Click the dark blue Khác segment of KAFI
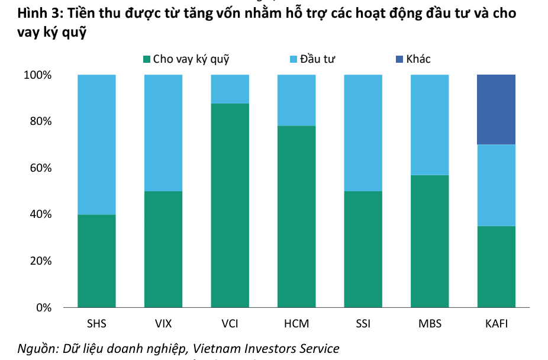coord(496,110)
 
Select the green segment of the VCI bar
coord(230,205)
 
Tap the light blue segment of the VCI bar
coord(230,89)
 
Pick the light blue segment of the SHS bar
coord(96,144)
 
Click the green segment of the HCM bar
coord(296,217)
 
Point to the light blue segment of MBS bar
coord(429,125)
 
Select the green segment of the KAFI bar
coord(496,266)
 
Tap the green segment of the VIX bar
coord(163,249)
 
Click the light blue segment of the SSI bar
coord(363,133)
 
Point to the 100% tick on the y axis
coord(38,75)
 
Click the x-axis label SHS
coord(96,324)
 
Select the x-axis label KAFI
coord(496,324)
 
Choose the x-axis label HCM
coord(296,324)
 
